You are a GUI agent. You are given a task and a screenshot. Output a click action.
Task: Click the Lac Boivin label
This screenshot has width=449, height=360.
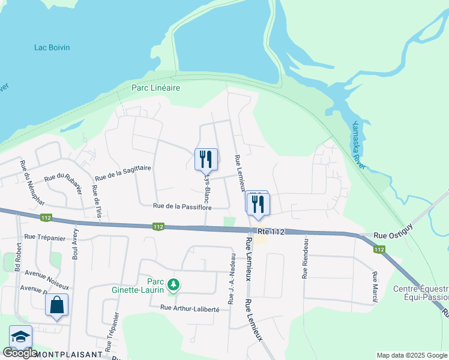pyautogui.click(x=53, y=47)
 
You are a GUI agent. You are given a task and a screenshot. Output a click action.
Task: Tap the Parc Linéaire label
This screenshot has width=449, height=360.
pyautogui.click(x=156, y=88)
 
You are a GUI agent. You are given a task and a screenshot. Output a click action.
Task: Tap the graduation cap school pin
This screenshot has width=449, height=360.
pyautogui.click(x=20, y=337)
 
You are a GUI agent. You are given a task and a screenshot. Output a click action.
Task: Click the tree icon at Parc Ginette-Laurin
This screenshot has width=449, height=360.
pyautogui.click(x=173, y=284)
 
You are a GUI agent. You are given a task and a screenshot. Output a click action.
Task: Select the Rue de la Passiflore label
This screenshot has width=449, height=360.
pyautogui.click(x=182, y=206)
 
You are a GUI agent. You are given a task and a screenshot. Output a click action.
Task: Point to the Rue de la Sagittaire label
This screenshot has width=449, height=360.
pyautogui.click(x=123, y=173)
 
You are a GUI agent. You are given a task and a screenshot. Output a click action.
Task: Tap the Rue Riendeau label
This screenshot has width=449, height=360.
pyautogui.click(x=306, y=258)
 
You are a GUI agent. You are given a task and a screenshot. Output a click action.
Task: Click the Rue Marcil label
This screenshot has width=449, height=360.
pyautogui.click(x=375, y=286)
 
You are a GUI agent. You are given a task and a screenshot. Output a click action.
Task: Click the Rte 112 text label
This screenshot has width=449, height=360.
pyautogui.click(x=270, y=231)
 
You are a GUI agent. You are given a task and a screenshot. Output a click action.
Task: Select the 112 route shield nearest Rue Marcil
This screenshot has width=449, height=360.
pyautogui.click(x=378, y=249)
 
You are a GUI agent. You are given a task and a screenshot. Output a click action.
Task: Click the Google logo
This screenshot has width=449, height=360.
pyautogui.click(x=20, y=353)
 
